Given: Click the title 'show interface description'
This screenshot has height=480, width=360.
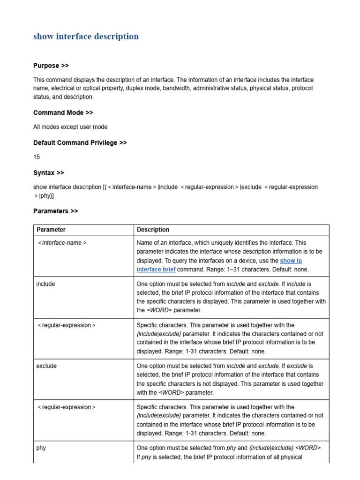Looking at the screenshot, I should [x=86, y=37].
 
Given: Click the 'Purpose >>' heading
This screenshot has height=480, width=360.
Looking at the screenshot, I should [x=51, y=66].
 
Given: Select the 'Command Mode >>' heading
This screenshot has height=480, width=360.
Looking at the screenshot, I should [x=63, y=112].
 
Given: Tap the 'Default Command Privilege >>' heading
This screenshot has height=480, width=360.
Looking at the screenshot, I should [x=80, y=142].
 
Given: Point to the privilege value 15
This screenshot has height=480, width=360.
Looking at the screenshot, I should [x=37, y=157].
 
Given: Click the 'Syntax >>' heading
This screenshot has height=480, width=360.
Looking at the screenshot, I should [x=48, y=172].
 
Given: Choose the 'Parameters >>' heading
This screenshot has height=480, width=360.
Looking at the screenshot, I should [x=55, y=211].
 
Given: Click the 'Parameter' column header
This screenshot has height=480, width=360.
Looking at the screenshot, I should [x=51, y=230].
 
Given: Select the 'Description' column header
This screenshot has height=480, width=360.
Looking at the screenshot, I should [x=153, y=230].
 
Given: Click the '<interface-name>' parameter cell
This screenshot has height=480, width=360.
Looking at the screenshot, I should [x=62, y=243].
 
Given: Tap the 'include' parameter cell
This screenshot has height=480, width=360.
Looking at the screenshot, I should [x=45, y=284].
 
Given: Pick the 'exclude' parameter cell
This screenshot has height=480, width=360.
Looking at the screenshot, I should [x=46, y=366].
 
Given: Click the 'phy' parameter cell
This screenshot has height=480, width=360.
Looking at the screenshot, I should [x=41, y=448].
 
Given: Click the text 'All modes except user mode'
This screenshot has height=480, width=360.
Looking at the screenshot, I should [x=70, y=127].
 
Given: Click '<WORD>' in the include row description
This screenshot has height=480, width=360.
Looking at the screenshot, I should [x=159, y=310].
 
